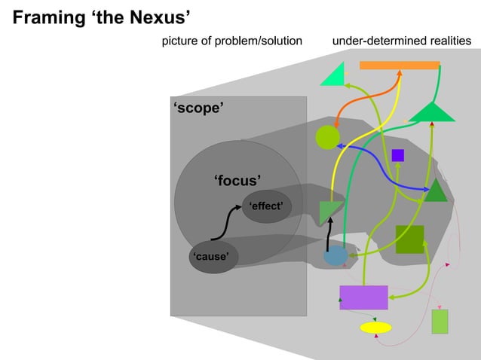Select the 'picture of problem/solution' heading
pos(232,40)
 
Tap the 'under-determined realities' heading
pos(401,40)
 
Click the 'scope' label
pos(198,108)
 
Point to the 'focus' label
pos(237,180)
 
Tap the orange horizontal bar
pos(400,66)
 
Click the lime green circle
pos(327,138)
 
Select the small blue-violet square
pos(398,155)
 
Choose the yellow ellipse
pos(375,328)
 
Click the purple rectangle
pos(363,297)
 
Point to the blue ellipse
pos(335,256)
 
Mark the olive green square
pos(409,239)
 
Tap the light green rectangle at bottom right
pos(440,322)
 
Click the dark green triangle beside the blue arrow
pos(436,193)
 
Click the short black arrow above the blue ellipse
pos(329,239)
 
